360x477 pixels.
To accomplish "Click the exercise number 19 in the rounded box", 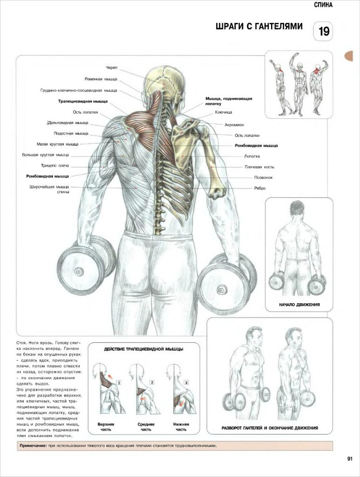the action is (x=324, y=31).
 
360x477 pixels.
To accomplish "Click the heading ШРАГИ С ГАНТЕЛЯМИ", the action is (x=259, y=27).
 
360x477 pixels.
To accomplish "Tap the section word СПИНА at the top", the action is (x=323, y=5).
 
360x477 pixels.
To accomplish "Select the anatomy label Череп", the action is (x=111, y=68).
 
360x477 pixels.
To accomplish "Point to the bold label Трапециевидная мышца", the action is (x=83, y=101).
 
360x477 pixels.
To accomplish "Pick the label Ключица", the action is (x=224, y=112).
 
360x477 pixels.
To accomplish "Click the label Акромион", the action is (x=234, y=125).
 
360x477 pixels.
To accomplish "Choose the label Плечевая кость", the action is (x=259, y=167).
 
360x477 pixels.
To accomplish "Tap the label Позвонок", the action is (x=263, y=177).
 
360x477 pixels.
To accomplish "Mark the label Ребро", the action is (x=260, y=188).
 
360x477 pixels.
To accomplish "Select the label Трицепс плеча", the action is (x=55, y=166).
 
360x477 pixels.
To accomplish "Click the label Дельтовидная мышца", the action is (x=68, y=123).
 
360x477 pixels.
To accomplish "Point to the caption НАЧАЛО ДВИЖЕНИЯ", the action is (x=299, y=305).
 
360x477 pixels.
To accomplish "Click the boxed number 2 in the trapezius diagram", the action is (x=152, y=382).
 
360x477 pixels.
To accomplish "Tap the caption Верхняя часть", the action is (x=106, y=427).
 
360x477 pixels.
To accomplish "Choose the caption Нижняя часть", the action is (x=181, y=427).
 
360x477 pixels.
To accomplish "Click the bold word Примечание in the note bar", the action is (x=33, y=446).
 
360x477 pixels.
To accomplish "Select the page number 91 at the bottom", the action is (x=350, y=459).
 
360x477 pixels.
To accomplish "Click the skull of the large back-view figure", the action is (x=164, y=80).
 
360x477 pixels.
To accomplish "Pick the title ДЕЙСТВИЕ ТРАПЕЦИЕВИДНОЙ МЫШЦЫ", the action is (x=143, y=349).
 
